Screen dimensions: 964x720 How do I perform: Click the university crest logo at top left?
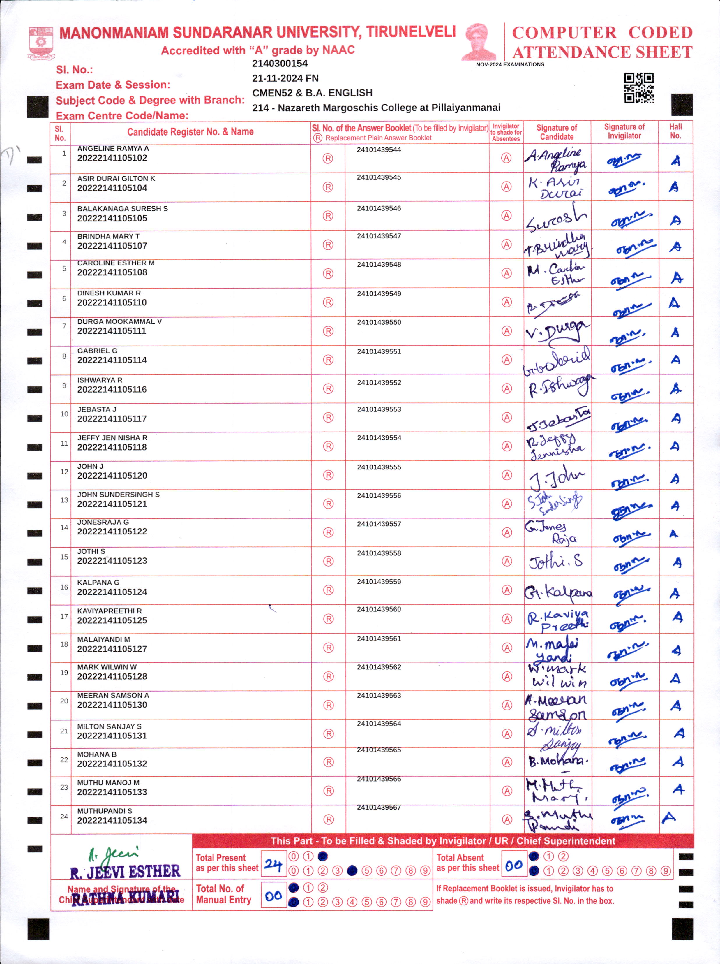click(x=41, y=43)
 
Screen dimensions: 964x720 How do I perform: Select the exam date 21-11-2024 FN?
click(x=285, y=78)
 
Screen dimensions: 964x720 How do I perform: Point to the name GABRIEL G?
click(x=97, y=351)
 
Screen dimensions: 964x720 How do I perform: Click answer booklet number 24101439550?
click(x=379, y=323)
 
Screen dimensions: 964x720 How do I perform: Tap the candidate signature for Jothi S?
click(x=555, y=561)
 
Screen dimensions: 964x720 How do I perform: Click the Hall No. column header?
click(x=675, y=131)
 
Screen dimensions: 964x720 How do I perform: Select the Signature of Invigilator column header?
click(x=624, y=131)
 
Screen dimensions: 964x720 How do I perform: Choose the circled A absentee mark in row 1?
click(x=506, y=158)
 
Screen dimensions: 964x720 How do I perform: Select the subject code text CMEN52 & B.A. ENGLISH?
click(x=312, y=93)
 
